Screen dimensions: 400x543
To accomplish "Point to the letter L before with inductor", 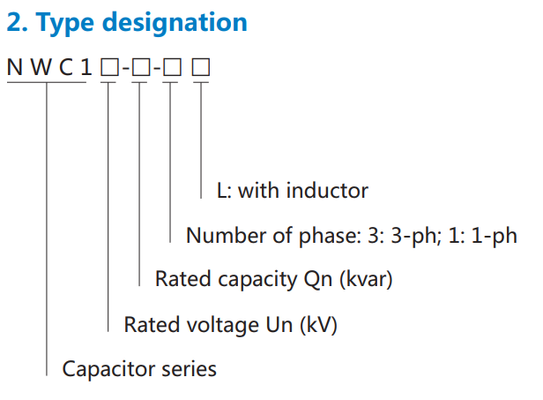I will [222, 190].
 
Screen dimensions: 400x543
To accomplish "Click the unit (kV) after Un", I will [318, 324].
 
